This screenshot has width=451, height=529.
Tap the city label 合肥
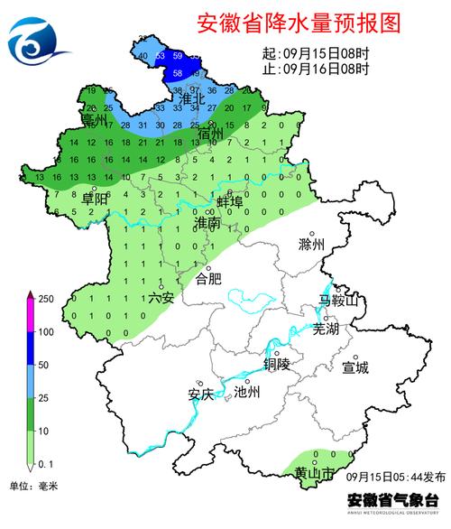click(208, 279)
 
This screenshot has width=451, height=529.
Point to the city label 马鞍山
click(338, 301)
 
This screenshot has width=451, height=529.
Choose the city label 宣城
click(355, 367)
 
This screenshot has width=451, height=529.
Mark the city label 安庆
click(200, 394)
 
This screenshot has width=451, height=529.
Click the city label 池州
click(246, 393)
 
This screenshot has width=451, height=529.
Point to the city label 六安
click(160, 296)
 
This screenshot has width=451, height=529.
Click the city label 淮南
click(207, 222)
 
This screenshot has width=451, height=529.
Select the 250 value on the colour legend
click(42, 299)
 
